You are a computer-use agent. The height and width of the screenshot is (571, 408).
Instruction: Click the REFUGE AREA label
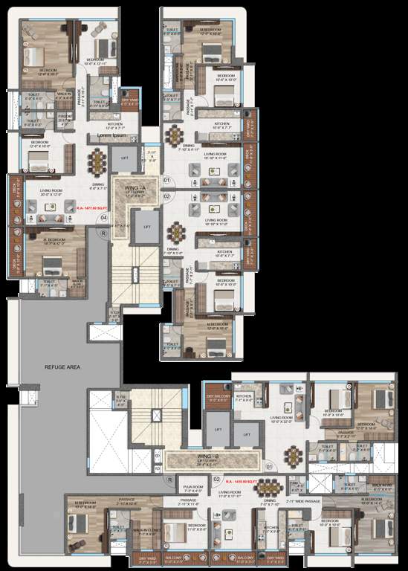click(x=62, y=367)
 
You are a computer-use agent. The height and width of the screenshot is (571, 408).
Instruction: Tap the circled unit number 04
click(x=104, y=218)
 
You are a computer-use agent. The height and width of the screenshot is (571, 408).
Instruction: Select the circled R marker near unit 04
click(x=104, y=233)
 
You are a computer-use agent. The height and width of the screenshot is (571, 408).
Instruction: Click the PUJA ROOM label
click(x=192, y=490)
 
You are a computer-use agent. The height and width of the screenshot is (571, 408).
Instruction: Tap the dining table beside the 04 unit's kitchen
click(x=98, y=159)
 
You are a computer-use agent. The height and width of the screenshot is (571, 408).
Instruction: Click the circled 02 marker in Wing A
click(x=166, y=196)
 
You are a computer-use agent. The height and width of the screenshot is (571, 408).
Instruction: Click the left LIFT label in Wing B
click(x=218, y=430)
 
